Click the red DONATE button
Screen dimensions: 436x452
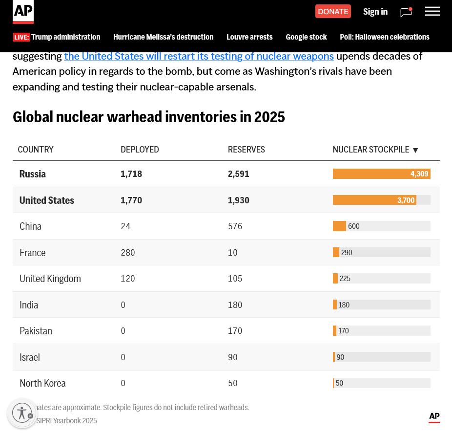point(333,11)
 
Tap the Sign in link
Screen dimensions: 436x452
point(375,12)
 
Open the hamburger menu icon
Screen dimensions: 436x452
point(432,11)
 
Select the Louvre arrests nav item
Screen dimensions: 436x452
point(249,37)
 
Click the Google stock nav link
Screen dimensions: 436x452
point(306,37)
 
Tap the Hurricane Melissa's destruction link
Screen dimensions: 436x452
point(163,37)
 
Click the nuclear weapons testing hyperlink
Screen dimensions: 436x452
point(199,56)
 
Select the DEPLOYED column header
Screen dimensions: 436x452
point(140,150)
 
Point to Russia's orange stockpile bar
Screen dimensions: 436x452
point(381,174)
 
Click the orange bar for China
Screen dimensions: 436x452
point(339,226)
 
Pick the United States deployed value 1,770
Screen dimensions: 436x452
point(131,200)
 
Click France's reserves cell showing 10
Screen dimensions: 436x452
point(233,253)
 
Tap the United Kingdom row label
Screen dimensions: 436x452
point(50,279)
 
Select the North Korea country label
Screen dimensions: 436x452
point(42,383)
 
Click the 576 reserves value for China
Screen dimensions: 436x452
point(235,226)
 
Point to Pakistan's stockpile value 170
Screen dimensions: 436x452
point(344,331)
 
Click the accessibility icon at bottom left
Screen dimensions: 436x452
point(22,413)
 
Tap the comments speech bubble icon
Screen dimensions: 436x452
point(406,12)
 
